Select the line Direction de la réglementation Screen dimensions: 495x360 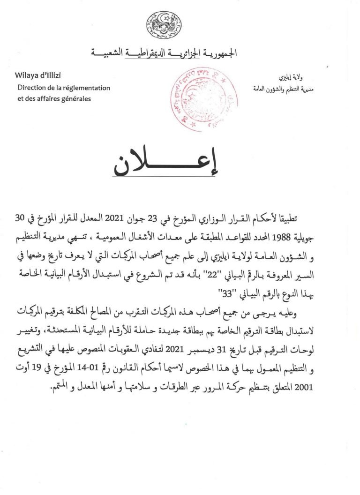pos(64,88)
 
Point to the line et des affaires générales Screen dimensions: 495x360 pos(54,98)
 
